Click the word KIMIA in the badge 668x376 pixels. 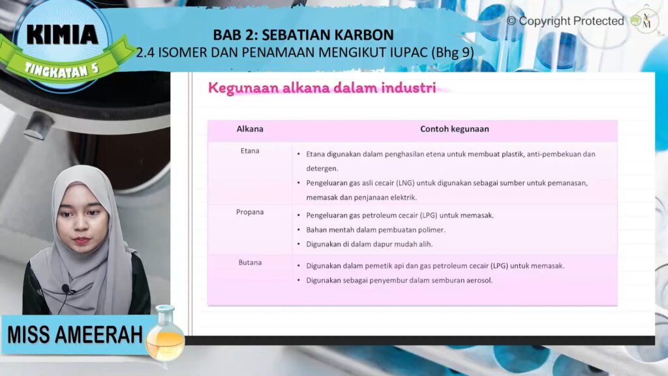tap(63, 35)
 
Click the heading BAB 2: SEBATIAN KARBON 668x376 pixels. tap(303, 35)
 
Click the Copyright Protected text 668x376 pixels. tap(566, 21)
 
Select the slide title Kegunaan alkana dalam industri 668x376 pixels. tap(322, 88)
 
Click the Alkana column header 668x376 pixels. tap(250, 129)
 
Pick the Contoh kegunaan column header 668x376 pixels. tap(455, 129)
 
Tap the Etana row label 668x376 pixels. tap(250, 151)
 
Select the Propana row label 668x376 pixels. tap(250, 212)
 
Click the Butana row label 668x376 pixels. tap(250, 262)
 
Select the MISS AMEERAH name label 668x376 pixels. tap(75, 335)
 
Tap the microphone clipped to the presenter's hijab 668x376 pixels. tap(67, 290)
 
